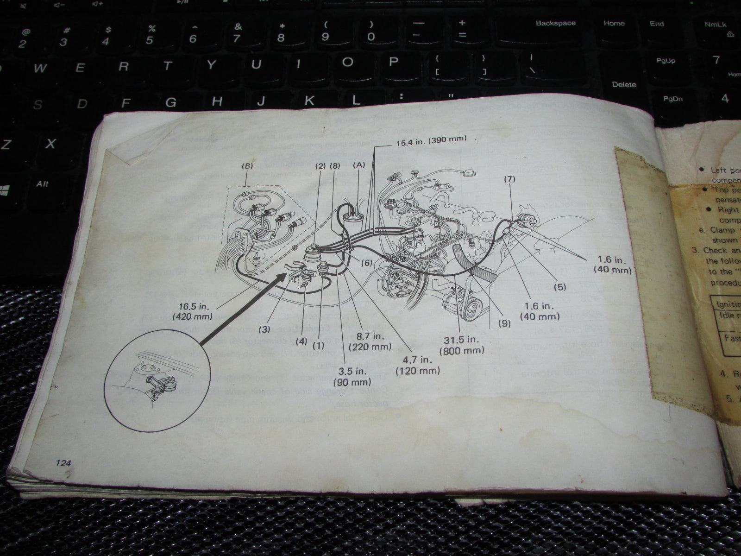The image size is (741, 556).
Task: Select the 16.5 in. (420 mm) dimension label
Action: pyautogui.click(x=192, y=311)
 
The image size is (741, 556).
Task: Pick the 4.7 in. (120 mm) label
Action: pyautogui.click(x=417, y=365)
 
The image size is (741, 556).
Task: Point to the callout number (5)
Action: pyautogui.click(x=559, y=287)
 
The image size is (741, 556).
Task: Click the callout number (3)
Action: pyautogui.click(x=264, y=329)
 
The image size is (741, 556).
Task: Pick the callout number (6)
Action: pyautogui.click(x=366, y=263)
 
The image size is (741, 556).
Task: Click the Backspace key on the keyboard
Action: pyautogui.click(x=555, y=23)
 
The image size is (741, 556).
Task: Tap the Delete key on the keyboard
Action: pyautogui.click(x=624, y=84)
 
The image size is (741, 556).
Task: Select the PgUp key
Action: pyautogui.click(x=666, y=61)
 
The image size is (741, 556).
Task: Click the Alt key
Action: pyautogui.click(x=43, y=184)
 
